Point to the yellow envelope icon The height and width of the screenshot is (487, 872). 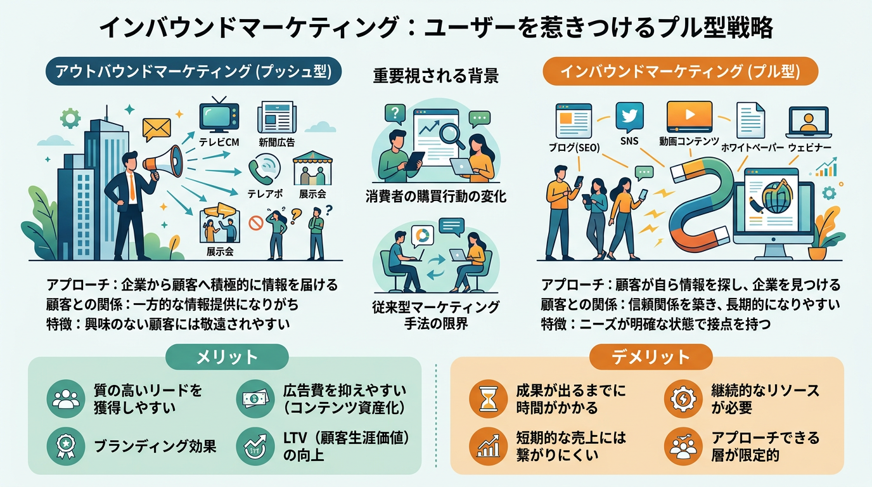tap(157, 129)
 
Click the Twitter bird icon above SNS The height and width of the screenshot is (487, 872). tap(629, 117)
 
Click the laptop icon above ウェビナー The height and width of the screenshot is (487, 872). tap(808, 122)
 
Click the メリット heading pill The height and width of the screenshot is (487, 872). tap(228, 357)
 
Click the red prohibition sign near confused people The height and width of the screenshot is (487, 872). tap(256, 223)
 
